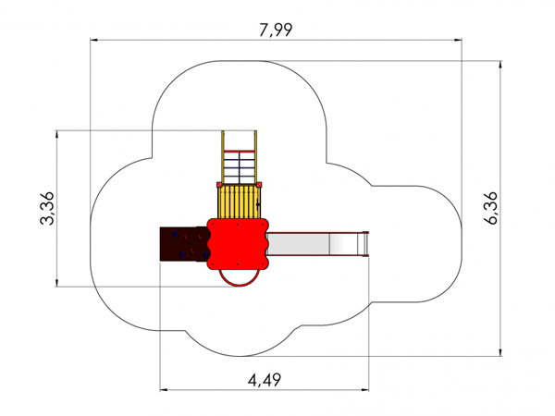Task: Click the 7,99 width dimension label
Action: click(276, 30)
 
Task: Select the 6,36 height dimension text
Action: click(491, 208)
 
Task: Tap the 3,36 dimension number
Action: click(47, 208)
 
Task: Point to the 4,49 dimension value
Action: click(265, 380)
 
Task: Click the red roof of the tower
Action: click(238, 244)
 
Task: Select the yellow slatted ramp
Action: click(239, 202)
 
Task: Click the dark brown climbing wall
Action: click(184, 244)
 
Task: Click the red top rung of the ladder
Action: click(240, 152)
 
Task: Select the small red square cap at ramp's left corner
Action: click(219, 185)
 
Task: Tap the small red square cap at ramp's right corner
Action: click(259, 185)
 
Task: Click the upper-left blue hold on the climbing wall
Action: click(175, 234)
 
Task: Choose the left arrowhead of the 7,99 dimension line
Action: click(93, 40)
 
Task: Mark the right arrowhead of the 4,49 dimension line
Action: click(365, 390)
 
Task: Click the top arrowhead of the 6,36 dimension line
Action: click(500, 65)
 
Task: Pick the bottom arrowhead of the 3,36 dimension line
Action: click(56, 283)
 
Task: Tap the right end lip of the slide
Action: click(366, 244)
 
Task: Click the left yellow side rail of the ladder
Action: click(223, 157)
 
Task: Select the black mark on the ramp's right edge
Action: click(258, 204)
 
